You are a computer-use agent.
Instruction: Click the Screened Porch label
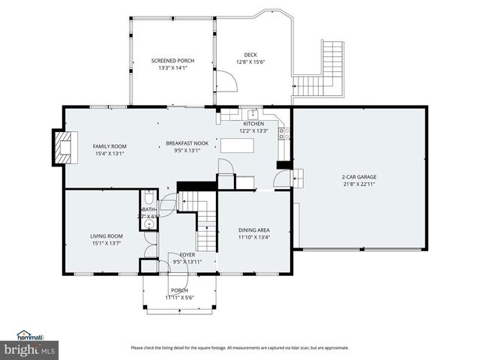[x=173, y=61]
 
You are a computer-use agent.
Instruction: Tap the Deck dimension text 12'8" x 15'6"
[x=250, y=61]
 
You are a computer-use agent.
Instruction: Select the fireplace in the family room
[x=63, y=146]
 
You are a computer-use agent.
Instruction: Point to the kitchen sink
[x=253, y=115]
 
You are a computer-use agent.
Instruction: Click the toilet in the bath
[x=148, y=199]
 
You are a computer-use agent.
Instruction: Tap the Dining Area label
[x=253, y=230]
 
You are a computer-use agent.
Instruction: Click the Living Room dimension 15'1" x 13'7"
[x=106, y=243]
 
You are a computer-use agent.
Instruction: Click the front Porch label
[x=179, y=290]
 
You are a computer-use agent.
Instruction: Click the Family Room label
[x=109, y=146]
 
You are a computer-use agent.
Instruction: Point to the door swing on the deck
[x=226, y=82]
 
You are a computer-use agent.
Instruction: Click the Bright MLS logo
[x=30, y=349]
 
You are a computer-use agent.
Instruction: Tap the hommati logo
[x=31, y=334]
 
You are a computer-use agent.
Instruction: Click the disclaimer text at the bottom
[x=240, y=347]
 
